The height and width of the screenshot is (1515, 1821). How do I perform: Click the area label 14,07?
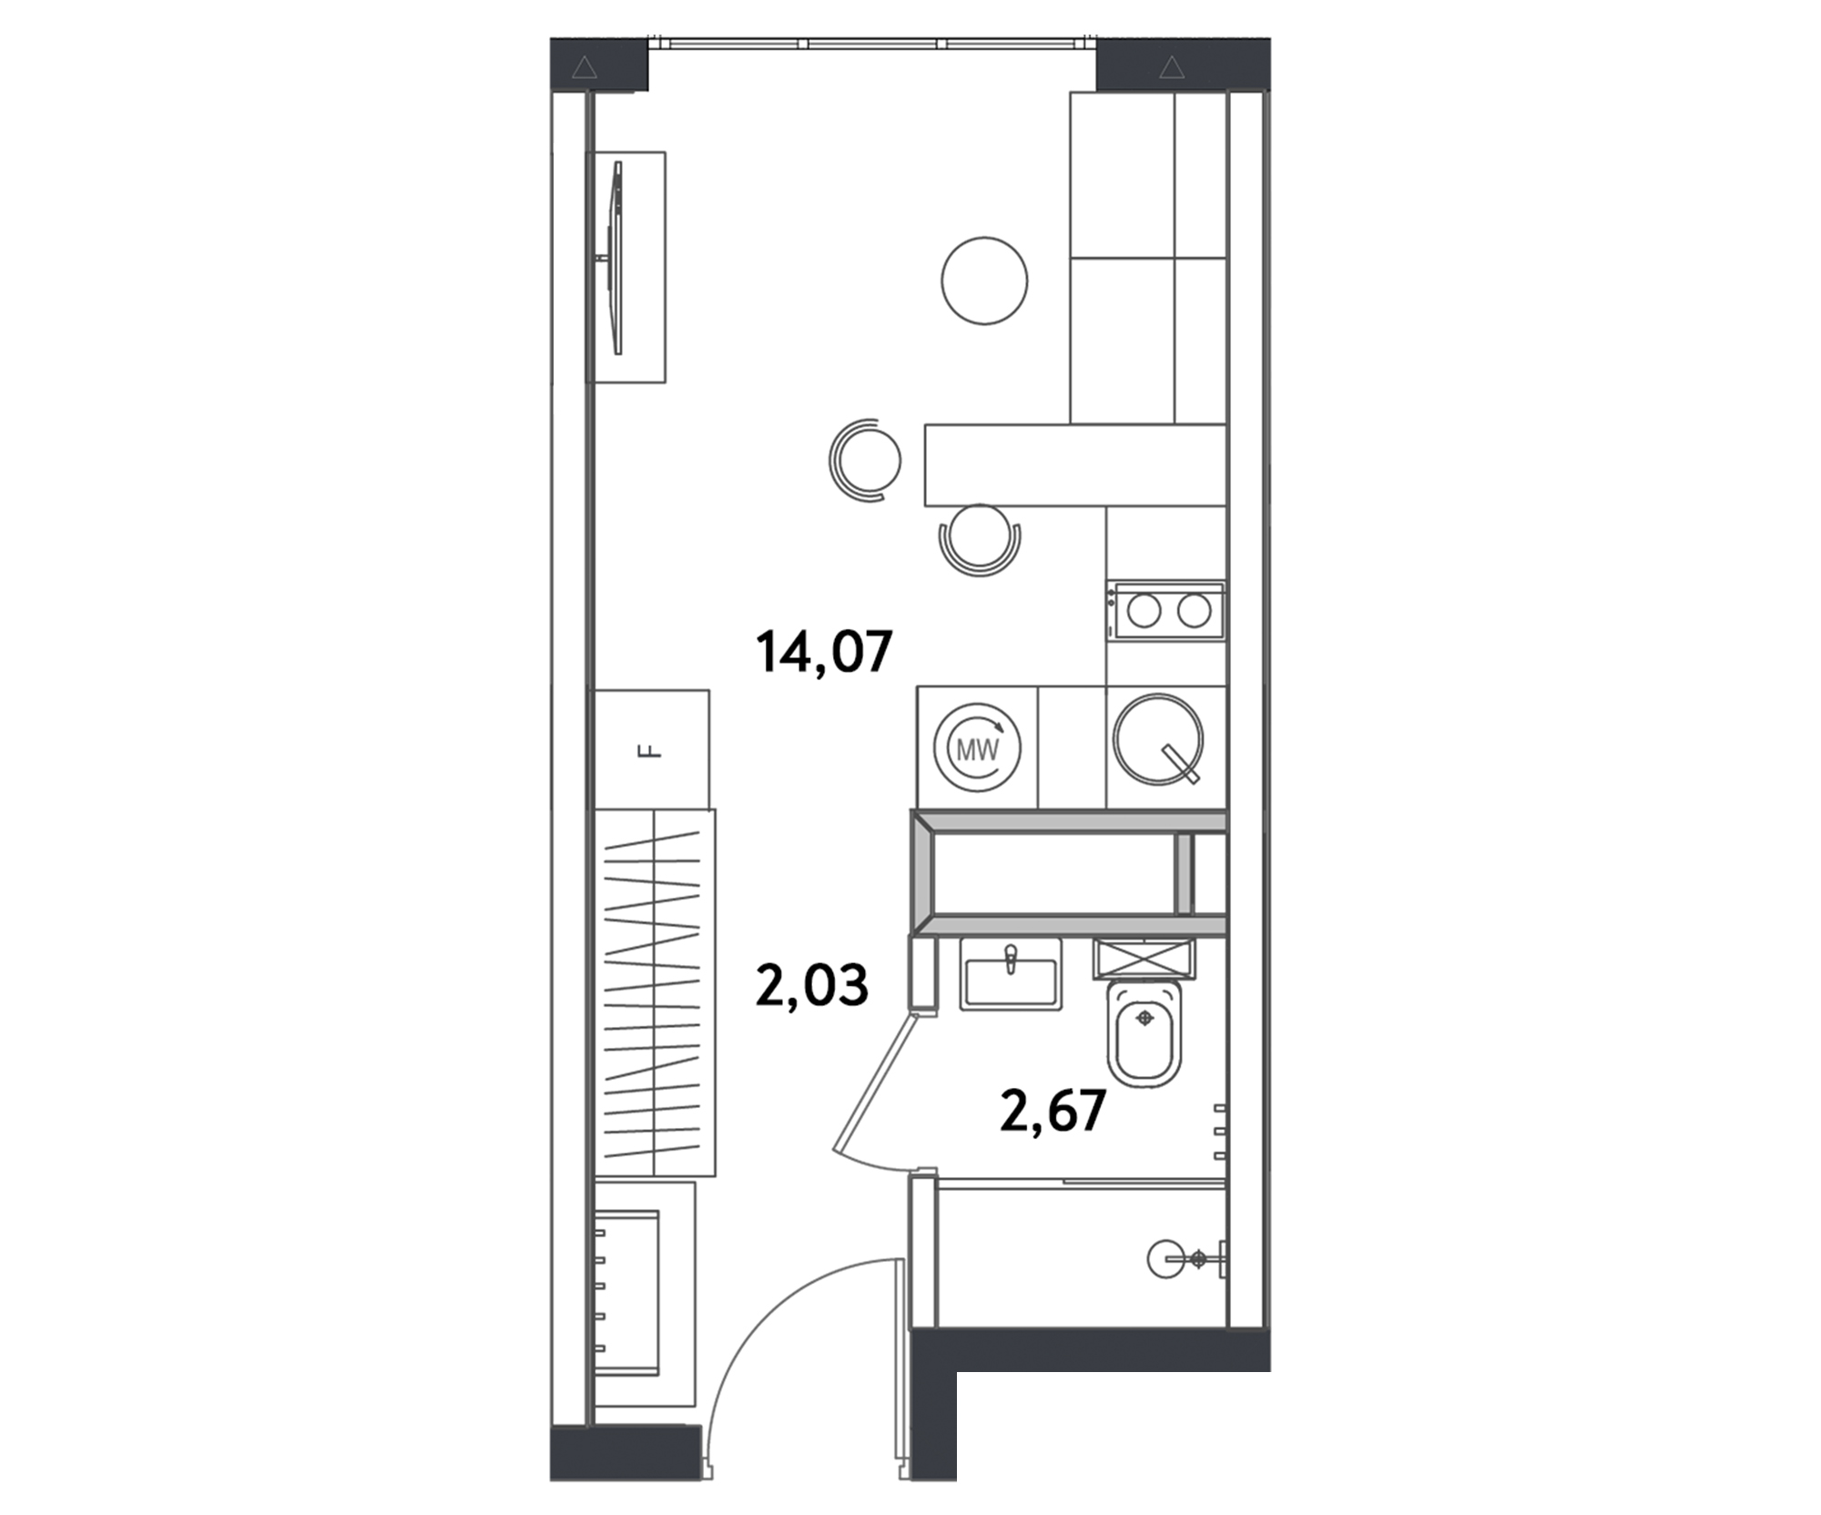pos(824,652)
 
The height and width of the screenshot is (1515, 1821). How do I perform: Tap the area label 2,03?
pos(812,985)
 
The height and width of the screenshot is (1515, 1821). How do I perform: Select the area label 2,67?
pos(1053,1110)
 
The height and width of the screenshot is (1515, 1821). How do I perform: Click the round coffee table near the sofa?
pos(984,280)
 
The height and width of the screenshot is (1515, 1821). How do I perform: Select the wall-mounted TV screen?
pos(618,258)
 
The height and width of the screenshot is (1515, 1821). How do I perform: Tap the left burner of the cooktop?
pos(1144,610)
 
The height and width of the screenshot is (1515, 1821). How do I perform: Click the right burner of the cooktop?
pos(1194,610)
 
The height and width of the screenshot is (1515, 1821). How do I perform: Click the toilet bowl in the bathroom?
pos(1144,1033)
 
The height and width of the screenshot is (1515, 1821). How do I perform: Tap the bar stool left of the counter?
pos(865,460)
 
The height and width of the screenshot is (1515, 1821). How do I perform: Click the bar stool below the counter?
pos(980,539)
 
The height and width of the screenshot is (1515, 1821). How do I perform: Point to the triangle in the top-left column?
pos(585,67)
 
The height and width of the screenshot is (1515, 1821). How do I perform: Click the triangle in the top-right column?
pos(1172,67)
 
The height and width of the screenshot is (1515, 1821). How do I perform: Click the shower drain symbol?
pos(1198,1260)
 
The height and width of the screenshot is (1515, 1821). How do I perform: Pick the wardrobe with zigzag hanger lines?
pos(655,992)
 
